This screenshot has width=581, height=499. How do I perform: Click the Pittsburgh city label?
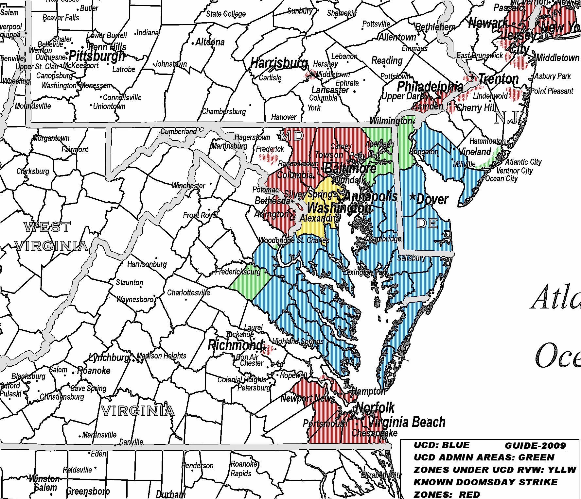97,56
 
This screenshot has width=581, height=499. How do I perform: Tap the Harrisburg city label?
279,63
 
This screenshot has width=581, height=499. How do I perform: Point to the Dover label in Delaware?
432,199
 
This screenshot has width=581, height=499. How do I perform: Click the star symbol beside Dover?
413,196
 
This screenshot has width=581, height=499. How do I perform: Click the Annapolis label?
370,196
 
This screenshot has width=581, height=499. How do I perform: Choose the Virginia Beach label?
407,422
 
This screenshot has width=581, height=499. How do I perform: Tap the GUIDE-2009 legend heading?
535,446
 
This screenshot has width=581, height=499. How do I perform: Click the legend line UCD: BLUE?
442,445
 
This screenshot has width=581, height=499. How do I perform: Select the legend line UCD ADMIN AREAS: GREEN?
484,457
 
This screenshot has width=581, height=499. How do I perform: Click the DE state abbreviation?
427,224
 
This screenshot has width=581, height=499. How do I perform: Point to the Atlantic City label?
523,162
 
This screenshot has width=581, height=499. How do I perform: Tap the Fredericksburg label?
238,272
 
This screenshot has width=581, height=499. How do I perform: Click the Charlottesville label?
188,292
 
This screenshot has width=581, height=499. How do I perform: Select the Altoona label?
210,42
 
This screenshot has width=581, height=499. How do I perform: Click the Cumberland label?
178,132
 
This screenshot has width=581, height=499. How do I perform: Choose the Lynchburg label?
109,358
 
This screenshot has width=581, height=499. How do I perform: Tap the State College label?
226,14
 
